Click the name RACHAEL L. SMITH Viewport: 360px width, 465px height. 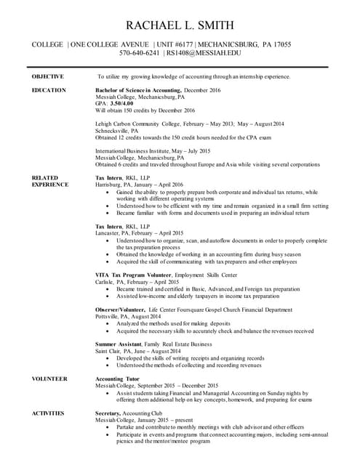(x=179, y=25)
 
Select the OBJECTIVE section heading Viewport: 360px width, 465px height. (x=47, y=76)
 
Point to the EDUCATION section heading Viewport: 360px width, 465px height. (x=49, y=90)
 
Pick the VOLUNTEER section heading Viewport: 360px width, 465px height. (x=49, y=379)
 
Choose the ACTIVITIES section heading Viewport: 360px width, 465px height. (x=48, y=413)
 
